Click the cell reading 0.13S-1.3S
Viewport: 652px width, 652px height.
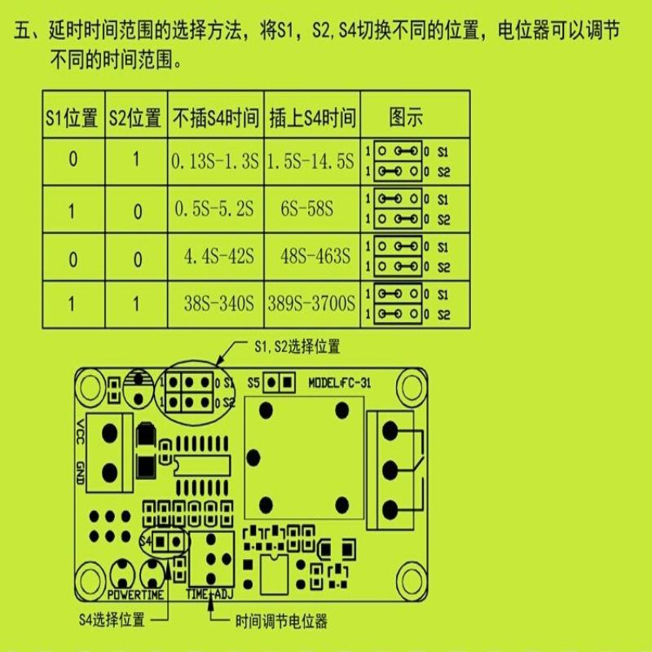point(215,161)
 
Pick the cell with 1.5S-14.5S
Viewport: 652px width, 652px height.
point(311,161)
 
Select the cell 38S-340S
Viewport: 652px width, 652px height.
point(217,304)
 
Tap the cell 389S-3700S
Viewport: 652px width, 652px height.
point(312,304)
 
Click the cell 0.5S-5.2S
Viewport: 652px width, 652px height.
point(214,209)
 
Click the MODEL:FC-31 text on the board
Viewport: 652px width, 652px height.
point(340,382)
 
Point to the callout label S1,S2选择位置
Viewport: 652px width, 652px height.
point(296,346)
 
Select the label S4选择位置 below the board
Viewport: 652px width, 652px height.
point(112,619)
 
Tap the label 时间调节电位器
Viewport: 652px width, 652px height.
point(280,621)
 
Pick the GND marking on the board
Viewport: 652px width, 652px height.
point(80,471)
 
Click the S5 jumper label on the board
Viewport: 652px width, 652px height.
point(254,382)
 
